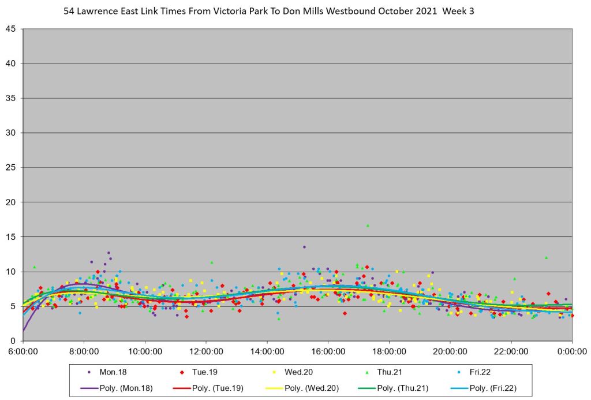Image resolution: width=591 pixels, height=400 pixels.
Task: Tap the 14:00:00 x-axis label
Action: coord(267,350)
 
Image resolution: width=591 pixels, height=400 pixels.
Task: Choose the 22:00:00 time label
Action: coord(511,350)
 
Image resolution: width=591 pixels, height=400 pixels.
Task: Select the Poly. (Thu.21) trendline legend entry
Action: coord(396,388)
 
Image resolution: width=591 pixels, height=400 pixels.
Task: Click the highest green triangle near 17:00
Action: coord(368,225)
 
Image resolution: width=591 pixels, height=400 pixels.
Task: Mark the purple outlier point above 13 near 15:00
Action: coord(304,247)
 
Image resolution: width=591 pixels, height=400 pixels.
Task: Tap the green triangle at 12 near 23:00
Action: coord(546,257)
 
